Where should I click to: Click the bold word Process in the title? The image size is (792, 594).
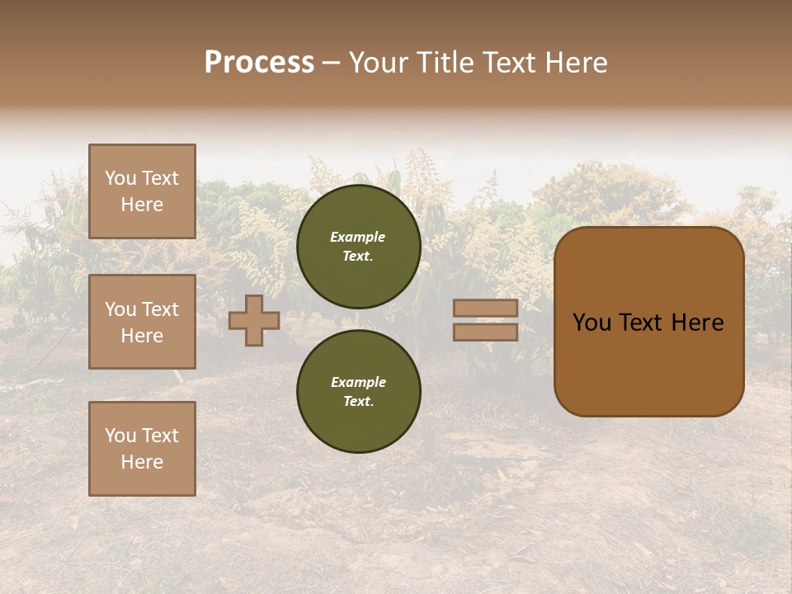pyautogui.click(x=259, y=63)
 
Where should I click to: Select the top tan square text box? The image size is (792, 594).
pyautogui.click(x=142, y=191)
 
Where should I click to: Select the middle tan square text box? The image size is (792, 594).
pyautogui.click(x=142, y=322)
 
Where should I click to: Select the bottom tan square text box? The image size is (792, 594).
pyautogui.click(x=142, y=448)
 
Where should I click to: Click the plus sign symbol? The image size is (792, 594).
pyautogui.click(x=254, y=320)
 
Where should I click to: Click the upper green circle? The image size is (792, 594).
pyautogui.click(x=359, y=247)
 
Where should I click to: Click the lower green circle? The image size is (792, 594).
pyautogui.click(x=359, y=392)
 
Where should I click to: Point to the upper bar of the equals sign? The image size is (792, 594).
pyautogui.click(x=486, y=309)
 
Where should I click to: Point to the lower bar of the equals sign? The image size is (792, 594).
pyautogui.click(x=486, y=332)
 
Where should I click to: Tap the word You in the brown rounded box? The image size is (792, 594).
pyautogui.click(x=592, y=323)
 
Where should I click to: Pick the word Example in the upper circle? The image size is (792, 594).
pyautogui.click(x=358, y=238)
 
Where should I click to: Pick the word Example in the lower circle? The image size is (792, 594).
pyautogui.click(x=358, y=383)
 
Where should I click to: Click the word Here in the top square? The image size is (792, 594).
pyautogui.click(x=142, y=205)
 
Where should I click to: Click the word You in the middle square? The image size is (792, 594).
pyautogui.click(x=120, y=309)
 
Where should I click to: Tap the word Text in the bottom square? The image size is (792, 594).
pyautogui.click(x=160, y=436)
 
